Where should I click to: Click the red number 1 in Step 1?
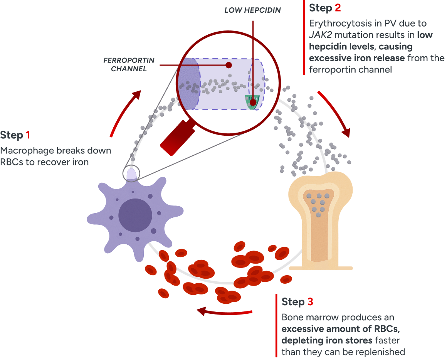tap(28, 135)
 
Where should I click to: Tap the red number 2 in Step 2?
tap(337, 8)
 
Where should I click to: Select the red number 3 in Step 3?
tap(310, 302)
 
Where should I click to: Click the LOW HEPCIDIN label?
tap(253, 10)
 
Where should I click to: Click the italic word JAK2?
tap(320, 35)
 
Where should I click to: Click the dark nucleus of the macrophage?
tap(134, 215)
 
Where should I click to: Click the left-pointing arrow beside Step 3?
tap(223, 311)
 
